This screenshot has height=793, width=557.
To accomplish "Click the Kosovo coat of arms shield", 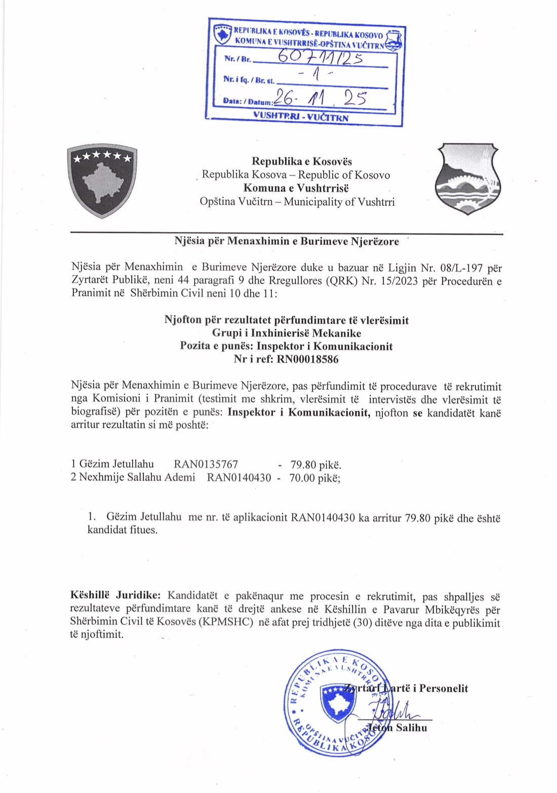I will click(102, 181).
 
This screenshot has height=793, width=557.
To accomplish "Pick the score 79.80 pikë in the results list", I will click(315, 464).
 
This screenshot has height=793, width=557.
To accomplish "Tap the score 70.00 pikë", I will click(314, 477).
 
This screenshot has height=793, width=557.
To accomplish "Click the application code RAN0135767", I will click(206, 464).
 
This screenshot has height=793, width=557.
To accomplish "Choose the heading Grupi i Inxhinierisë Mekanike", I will click(286, 333).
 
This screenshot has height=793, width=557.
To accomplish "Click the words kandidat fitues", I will click(123, 531).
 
